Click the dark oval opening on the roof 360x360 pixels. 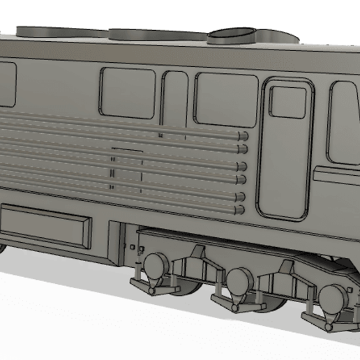[233, 33]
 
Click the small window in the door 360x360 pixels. [287, 102]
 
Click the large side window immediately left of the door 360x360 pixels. [226, 100]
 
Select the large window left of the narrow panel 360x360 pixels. [128, 92]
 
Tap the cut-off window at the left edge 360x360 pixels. [6, 84]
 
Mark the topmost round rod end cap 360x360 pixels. [243, 135]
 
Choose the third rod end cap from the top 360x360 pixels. [242, 166]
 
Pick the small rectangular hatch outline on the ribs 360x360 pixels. [127, 171]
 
